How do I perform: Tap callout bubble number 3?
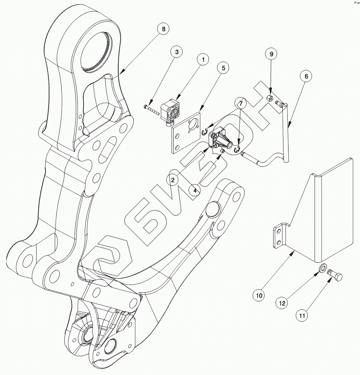(177, 52)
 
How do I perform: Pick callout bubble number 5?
(223, 68)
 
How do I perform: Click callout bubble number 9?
(271, 54)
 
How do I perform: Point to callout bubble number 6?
(306, 76)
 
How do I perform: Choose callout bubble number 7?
(241, 104)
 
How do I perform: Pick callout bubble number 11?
(302, 316)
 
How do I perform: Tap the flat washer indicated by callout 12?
(323, 269)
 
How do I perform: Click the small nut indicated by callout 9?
(269, 98)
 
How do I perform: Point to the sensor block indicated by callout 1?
(170, 112)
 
